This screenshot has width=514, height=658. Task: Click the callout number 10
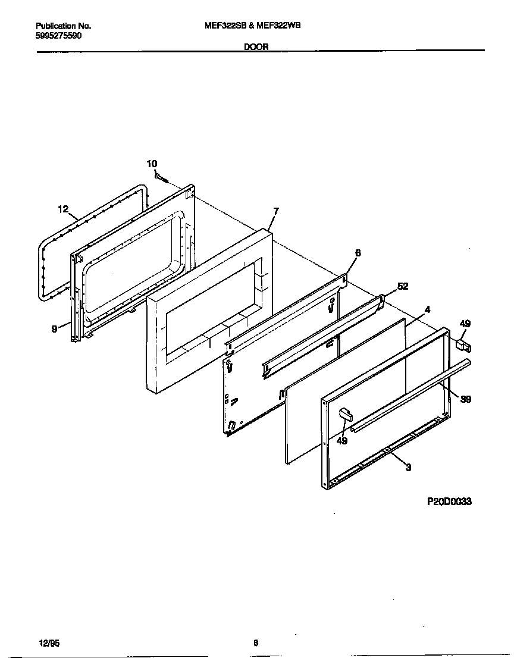coord(152,164)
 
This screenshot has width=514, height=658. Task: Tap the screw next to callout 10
coord(162,177)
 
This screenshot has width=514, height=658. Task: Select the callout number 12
coord(64,209)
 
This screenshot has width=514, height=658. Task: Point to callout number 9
coord(54,327)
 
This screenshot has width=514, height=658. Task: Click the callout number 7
coord(275,211)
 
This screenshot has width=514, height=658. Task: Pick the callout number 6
coord(358,253)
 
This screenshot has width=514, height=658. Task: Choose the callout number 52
coord(403,286)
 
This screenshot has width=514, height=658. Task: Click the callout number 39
coord(466,399)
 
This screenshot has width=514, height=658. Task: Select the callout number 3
coord(408,468)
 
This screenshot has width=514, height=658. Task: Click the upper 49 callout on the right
coord(465,324)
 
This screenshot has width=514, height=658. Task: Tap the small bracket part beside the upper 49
coord(463,345)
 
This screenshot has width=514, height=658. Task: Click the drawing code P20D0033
coord(449,502)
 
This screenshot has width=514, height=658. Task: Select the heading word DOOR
coord(256,47)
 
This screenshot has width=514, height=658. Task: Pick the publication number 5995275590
coord(59,36)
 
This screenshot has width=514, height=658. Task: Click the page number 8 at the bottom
coord(256,643)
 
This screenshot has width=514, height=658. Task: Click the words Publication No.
coord(63,26)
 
